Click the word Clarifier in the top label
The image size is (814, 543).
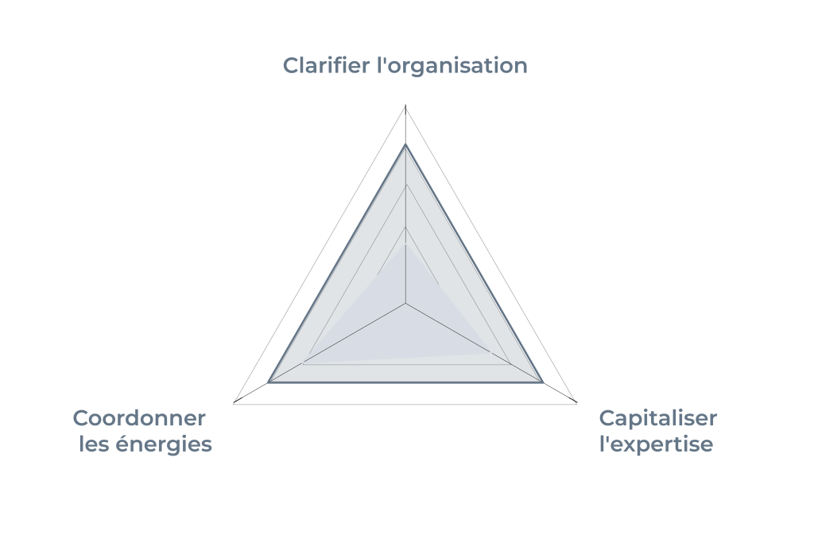point(326,66)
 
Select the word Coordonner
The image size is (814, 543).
point(139,418)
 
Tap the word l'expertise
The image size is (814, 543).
point(656,445)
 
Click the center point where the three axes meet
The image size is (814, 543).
point(405,303)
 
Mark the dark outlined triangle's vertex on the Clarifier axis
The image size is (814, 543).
point(405,145)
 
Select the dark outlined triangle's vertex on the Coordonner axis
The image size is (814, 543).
point(268,382)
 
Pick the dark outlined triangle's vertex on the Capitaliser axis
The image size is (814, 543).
point(543,382)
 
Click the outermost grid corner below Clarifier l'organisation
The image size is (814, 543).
point(405,106)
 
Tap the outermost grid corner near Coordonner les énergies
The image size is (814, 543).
point(235,402)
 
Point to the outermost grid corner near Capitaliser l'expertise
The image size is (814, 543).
point(577,402)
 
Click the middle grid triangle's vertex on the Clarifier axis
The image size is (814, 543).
point(405,184)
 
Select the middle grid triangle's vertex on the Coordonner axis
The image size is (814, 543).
point(303,364)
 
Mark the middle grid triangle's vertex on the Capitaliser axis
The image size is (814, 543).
point(510,364)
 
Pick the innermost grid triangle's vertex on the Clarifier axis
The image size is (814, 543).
point(405,227)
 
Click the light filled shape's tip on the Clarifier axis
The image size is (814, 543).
point(405,244)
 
